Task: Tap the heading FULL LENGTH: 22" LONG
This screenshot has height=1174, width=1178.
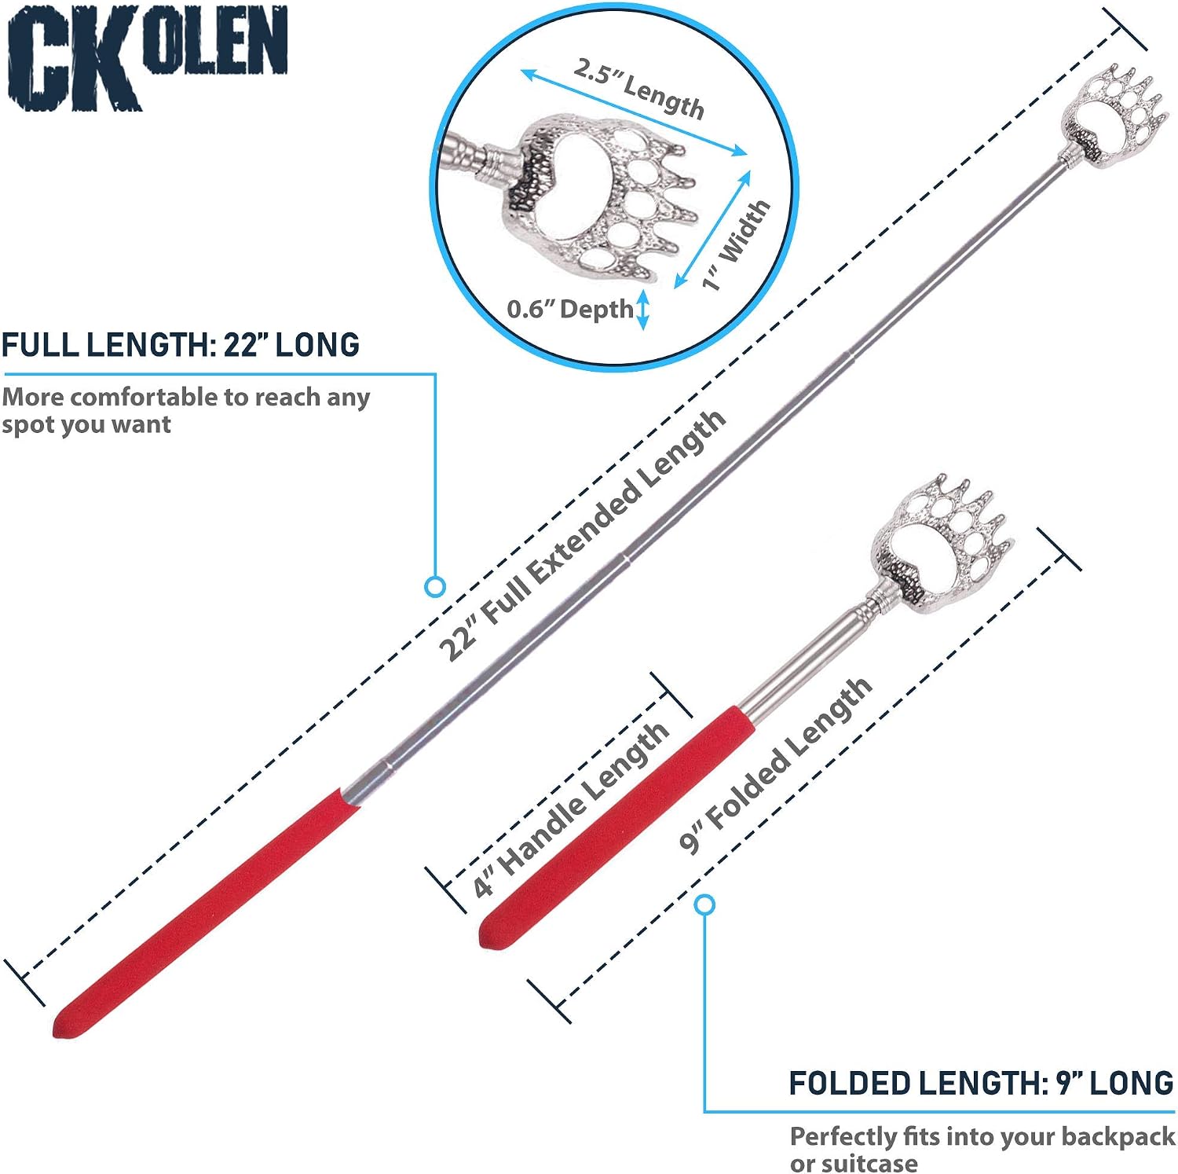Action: (181, 345)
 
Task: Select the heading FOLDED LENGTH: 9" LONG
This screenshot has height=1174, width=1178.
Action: (981, 1084)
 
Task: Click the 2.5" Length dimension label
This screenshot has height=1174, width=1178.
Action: (638, 88)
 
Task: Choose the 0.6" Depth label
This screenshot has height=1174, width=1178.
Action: (569, 309)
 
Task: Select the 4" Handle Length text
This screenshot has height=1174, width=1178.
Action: (571, 809)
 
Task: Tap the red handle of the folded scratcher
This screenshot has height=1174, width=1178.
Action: (617, 827)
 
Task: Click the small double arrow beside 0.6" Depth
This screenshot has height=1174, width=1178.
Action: (642, 310)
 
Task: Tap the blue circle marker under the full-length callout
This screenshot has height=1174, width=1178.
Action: (435, 586)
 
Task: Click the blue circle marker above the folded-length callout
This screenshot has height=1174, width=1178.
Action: (705, 904)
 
